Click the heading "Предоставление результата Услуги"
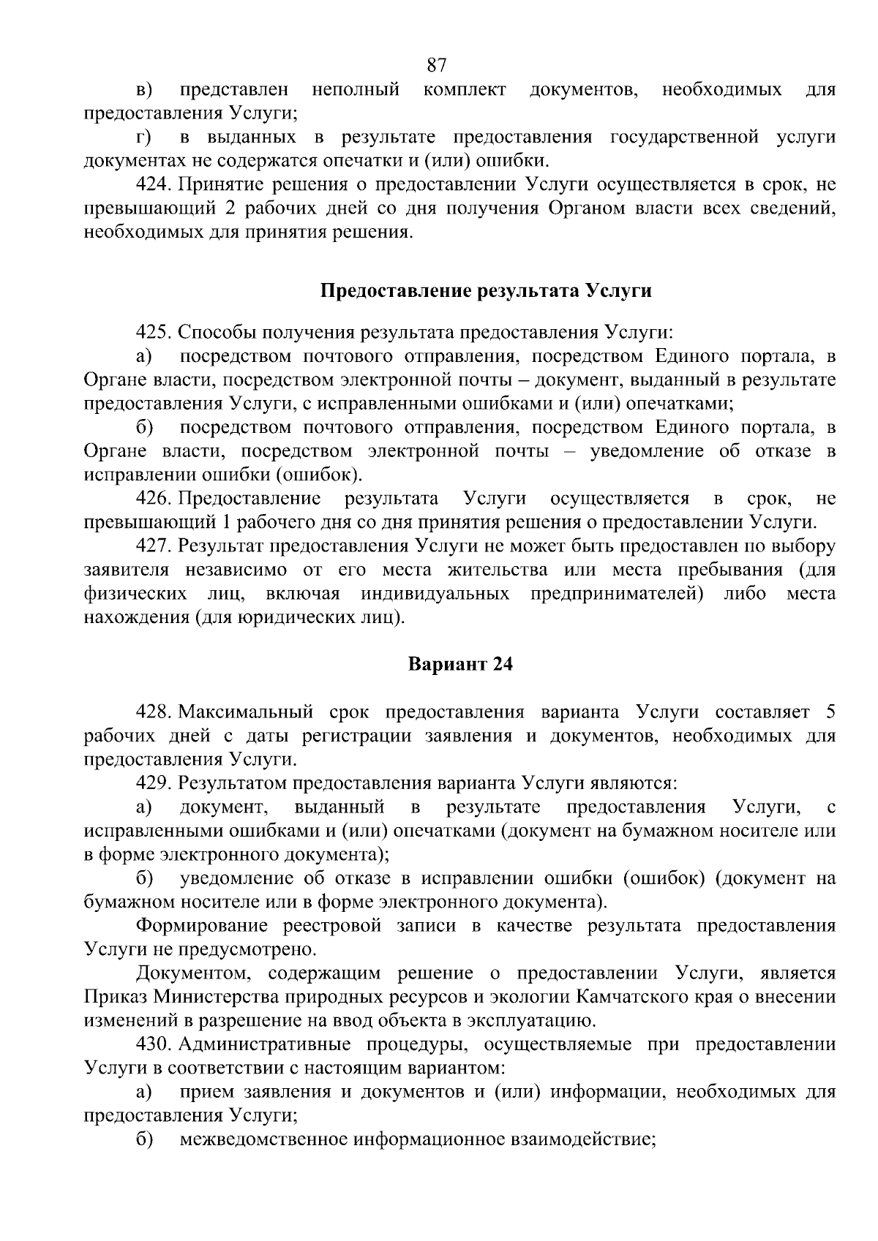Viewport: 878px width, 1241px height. click(x=486, y=291)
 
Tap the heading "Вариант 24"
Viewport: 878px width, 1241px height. click(x=460, y=665)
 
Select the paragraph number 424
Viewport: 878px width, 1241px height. click(x=154, y=184)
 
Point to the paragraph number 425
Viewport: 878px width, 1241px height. click(x=154, y=333)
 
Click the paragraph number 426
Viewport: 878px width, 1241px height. click(x=154, y=499)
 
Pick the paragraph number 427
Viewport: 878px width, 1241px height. click(x=154, y=546)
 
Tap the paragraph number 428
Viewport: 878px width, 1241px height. click(x=154, y=712)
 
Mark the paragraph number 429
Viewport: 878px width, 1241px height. click(x=154, y=783)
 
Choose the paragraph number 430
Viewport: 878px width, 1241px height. click(x=154, y=1044)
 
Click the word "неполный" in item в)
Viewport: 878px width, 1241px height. click(x=356, y=90)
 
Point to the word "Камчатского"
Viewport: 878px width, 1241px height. click(x=634, y=997)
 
